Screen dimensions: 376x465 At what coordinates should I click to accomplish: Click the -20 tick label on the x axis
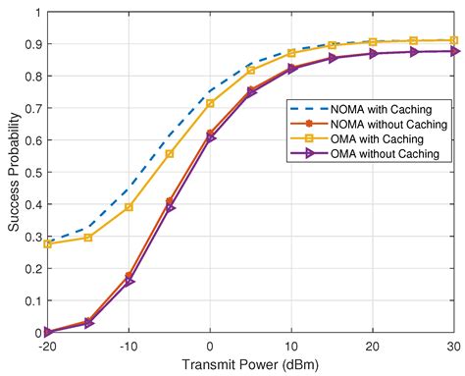[x=46, y=346]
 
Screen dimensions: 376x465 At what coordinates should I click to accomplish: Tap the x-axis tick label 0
[x=210, y=346]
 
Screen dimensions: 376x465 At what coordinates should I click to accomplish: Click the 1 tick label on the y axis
[x=37, y=13]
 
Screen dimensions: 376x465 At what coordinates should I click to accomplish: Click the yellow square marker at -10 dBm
[x=129, y=207]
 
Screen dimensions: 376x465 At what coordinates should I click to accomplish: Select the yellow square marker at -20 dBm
[x=47, y=243]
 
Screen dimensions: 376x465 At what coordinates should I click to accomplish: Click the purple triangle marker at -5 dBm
[x=170, y=208]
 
